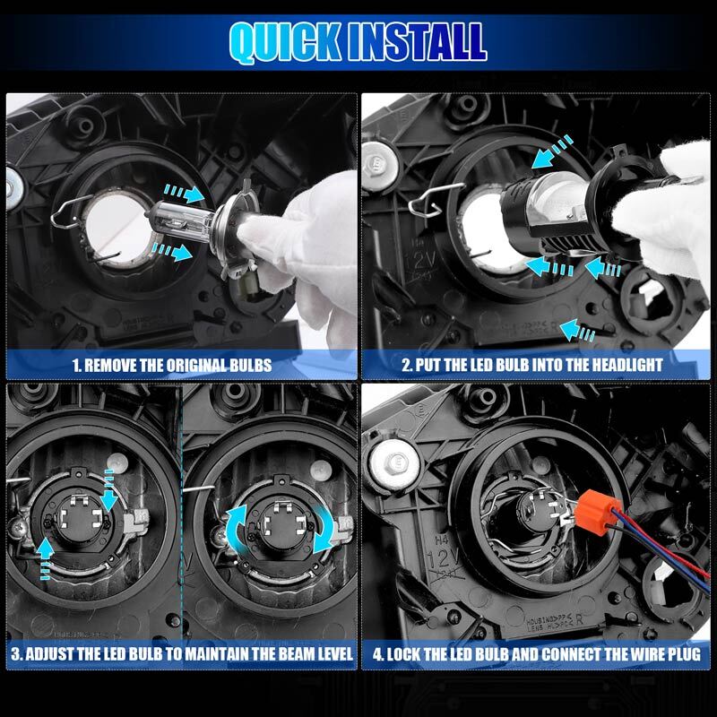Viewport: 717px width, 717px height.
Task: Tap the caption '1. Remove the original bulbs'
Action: click(x=184, y=365)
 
